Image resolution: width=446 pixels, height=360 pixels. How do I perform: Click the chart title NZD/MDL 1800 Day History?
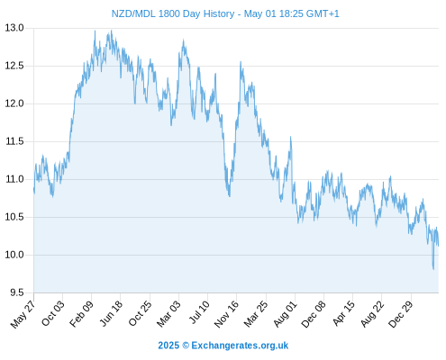point(173,13)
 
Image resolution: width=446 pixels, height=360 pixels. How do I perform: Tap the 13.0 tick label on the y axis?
point(14,28)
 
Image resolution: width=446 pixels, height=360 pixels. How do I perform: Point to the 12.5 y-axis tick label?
point(14,66)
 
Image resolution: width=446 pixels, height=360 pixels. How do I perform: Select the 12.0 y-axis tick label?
point(14,103)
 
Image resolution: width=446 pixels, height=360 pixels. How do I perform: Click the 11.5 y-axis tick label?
point(14,141)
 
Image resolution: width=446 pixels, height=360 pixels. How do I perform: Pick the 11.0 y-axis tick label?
point(14,179)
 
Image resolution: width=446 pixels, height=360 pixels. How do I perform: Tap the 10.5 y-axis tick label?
point(14,217)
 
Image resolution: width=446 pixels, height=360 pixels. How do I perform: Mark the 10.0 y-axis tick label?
point(14,255)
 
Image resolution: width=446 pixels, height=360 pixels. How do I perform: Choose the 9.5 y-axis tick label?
point(17,292)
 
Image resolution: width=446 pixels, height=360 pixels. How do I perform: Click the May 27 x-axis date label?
point(23,314)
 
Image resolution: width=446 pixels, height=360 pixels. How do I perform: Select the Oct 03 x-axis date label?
point(53,313)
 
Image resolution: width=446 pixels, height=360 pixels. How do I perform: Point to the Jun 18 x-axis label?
point(111,313)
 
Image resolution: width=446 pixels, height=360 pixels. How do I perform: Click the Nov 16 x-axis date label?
point(226,314)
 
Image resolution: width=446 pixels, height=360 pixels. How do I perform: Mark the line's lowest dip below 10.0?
point(433,269)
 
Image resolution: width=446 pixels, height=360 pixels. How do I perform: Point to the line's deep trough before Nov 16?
point(230,196)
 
